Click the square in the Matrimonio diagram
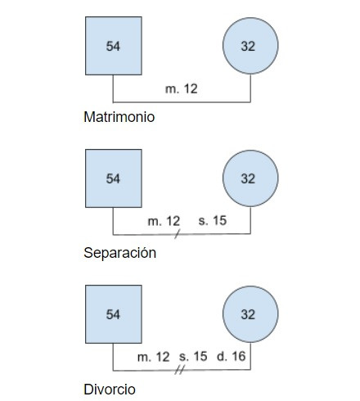[x=114, y=46]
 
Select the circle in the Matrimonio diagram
[x=250, y=46]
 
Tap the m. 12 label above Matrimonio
[x=182, y=89]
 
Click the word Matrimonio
[x=119, y=117]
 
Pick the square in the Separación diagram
[x=114, y=178]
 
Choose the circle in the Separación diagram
[x=250, y=178]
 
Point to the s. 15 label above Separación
[x=213, y=220]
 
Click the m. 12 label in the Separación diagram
[x=164, y=221]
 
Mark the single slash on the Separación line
[x=178, y=234]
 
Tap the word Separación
[x=120, y=253]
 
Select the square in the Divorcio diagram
[x=114, y=314]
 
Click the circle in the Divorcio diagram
[x=250, y=314]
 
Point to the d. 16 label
[x=232, y=356]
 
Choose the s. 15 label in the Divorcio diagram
[x=193, y=357]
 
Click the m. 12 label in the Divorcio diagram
[x=154, y=357]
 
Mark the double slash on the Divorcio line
[x=179, y=370]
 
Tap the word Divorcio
[x=110, y=390]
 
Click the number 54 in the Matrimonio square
[x=113, y=46]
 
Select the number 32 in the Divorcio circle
[x=248, y=314]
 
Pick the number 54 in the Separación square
[x=113, y=178]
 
